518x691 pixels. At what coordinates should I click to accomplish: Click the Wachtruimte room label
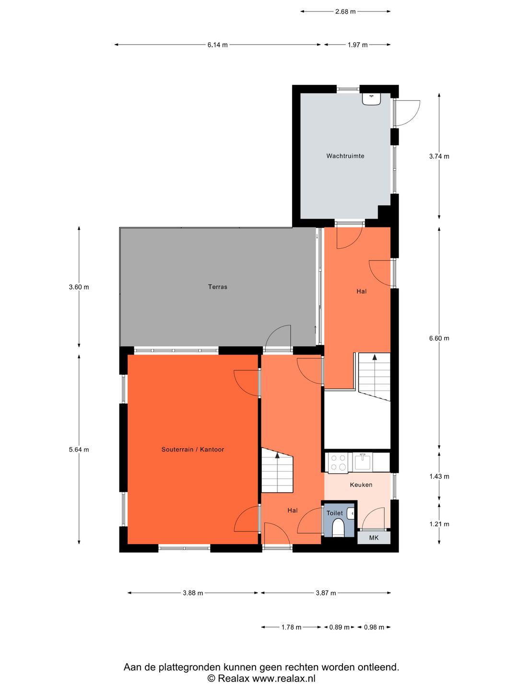[x=345, y=156]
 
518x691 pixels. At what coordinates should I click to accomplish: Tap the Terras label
[x=217, y=287]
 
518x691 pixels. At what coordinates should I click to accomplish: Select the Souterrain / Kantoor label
[x=192, y=449]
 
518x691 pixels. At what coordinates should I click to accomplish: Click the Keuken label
[x=361, y=485]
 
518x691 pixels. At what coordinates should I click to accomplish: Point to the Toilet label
[x=334, y=513]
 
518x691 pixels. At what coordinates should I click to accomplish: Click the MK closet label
[x=374, y=538]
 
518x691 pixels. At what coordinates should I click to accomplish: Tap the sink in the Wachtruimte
[x=371, y=98]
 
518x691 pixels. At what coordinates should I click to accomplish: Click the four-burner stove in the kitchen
[x=338, y=462]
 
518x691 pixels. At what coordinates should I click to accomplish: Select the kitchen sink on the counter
[x=362, y=462]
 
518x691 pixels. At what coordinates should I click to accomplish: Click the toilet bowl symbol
[x=338, y=527]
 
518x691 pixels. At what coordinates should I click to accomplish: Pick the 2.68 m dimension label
[x=345, y=12]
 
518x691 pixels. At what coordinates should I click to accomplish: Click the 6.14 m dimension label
[x=217, y=45]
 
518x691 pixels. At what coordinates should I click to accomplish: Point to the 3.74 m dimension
[x=439, y=156]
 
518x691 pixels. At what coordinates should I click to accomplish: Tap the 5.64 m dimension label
[x=79, y=450]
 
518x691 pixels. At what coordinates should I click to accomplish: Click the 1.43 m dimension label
[x=439, y=477]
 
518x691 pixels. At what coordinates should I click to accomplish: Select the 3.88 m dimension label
[x=193, y=593]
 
